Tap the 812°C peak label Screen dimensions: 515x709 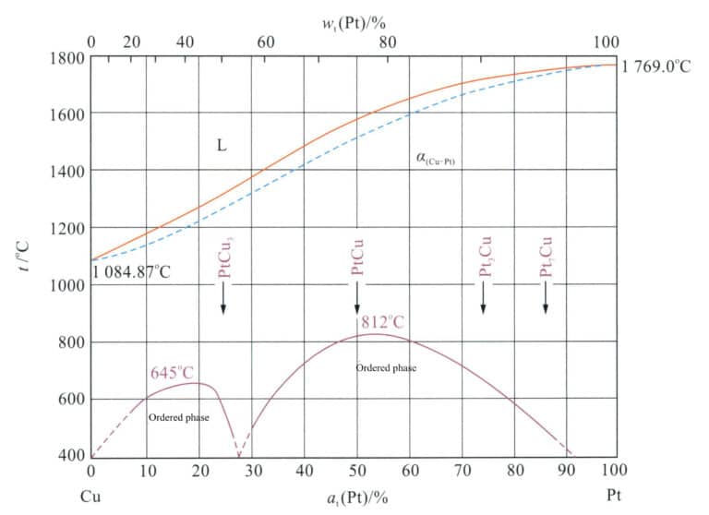(x=383, y=322)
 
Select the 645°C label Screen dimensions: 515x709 (x=173, y=373)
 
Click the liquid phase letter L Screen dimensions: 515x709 (x=222, y=143)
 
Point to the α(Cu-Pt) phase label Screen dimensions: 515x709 (x=439, y=160)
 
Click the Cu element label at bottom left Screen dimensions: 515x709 (x=90, y=497)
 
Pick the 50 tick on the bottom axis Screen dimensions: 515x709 (x=357, y=472)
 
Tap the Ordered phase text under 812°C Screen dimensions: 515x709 (x=386, y=368)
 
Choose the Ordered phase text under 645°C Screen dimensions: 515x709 (x=178, y=418)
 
